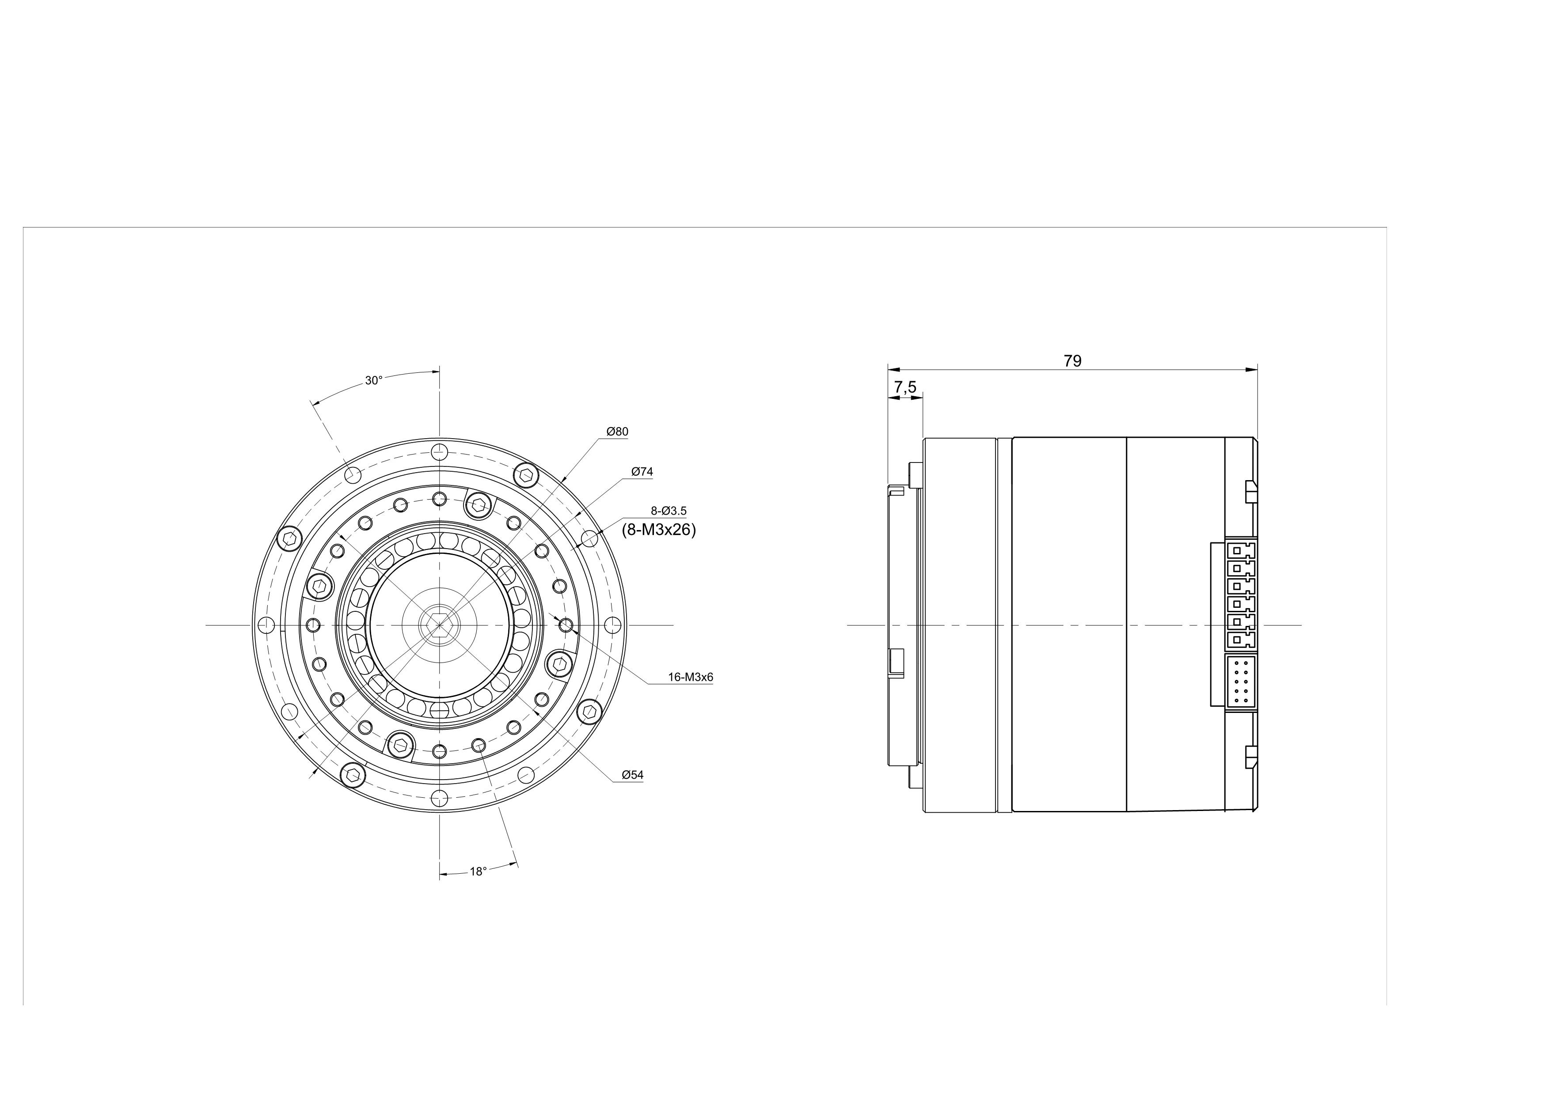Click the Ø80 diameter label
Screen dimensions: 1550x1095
617,432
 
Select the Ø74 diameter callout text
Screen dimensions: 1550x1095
642,472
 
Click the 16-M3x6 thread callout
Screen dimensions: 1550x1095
691,678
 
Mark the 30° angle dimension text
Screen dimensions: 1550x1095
374,380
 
